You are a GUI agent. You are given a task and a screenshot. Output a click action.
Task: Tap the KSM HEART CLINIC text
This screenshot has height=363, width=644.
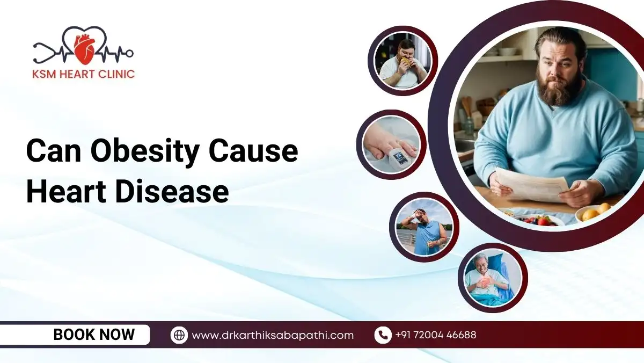click(84, 74)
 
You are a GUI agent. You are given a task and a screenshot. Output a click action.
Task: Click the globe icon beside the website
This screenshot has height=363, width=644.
click(179, 335)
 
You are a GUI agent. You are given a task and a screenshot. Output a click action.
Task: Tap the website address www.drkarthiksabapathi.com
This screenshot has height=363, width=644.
click(273, 335)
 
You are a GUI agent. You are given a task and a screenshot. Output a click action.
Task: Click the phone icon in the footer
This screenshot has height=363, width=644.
click(382, 335)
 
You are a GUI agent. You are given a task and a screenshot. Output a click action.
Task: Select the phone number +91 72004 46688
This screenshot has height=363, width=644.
click(435, 335)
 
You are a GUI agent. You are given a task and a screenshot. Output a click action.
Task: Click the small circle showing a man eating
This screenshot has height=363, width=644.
click(402, 61)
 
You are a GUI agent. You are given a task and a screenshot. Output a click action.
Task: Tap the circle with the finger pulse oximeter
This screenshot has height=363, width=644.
click(391, 145)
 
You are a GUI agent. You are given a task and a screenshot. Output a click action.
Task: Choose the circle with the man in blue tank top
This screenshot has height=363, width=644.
click(424, 227)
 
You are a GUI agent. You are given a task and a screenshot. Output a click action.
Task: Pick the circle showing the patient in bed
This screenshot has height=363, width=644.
click(492, 278)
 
